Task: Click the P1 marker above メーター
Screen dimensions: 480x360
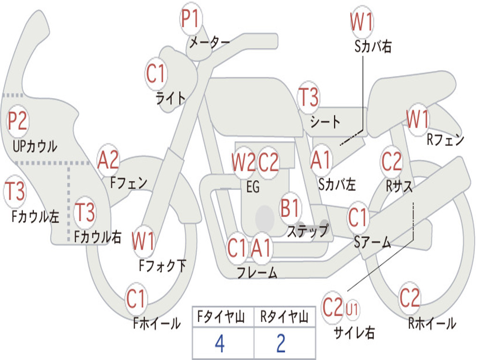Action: point(191,19)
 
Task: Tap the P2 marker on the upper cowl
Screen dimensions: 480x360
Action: point(18,121)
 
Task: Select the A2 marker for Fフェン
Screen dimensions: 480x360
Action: point(108,160)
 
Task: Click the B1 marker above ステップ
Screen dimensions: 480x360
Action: point(290,208)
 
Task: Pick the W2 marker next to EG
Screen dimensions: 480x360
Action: point(243,162)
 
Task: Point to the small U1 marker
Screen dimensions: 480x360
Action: point(352,309)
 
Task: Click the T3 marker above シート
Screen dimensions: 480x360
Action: point(308,97)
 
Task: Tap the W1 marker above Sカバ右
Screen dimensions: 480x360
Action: point(362,22)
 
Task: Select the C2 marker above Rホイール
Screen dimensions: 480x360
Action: point(410,298)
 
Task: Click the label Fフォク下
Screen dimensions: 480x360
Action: point(163,266)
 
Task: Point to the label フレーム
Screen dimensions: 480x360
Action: point(257,272)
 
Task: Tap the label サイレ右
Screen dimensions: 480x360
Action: point(354,332)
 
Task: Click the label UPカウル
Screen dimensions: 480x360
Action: point(35,146)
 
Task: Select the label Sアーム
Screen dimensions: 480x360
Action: point(373,242)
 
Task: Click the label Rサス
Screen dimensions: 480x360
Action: point(399,186)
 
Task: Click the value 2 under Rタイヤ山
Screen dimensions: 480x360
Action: point(281,343)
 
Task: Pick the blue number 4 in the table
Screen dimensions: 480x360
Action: point(220,343)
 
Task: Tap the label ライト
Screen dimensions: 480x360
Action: point(171,98)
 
